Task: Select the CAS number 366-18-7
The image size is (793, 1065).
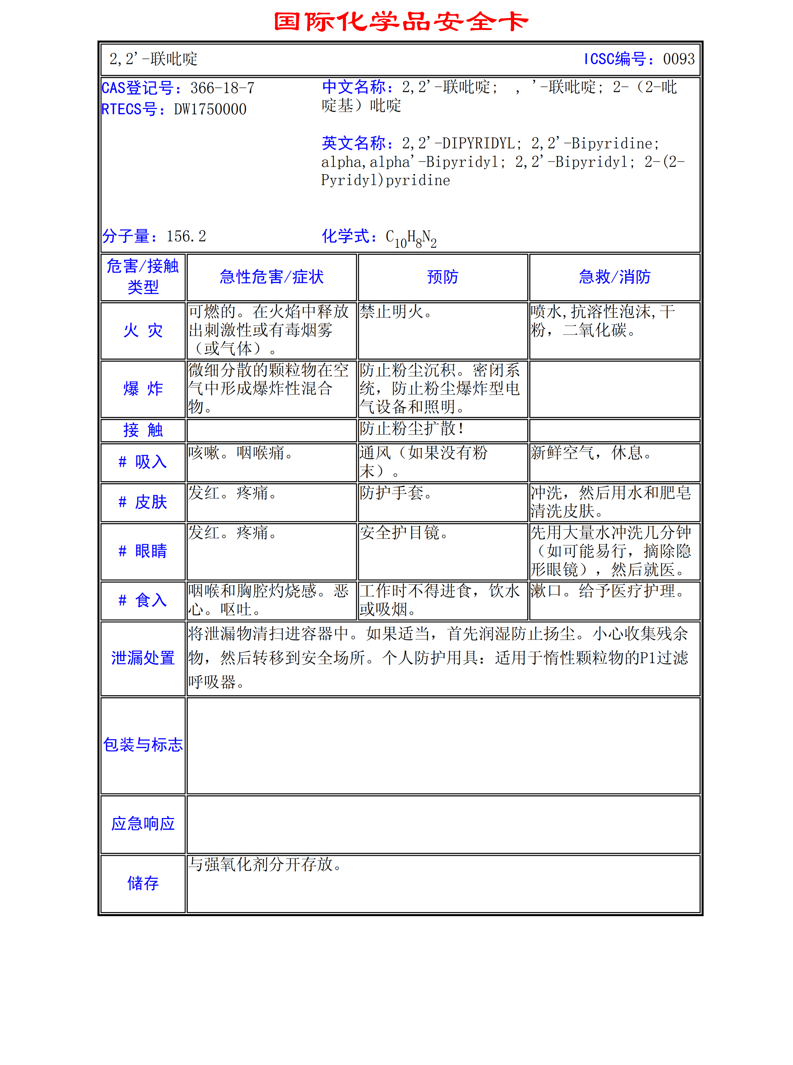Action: pos(222,88)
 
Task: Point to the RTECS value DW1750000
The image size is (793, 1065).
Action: pos(210,109)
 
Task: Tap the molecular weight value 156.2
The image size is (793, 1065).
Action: pos(186,236)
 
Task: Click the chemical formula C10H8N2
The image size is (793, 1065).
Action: pos(411,238)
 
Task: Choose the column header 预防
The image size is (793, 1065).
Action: pos(442,277)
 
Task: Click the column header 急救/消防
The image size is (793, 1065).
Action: pos(615,277)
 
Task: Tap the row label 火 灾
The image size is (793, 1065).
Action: pos(143,331)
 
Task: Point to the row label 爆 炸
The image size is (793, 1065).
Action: pos(143,388)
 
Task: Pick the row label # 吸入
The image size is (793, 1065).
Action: pos(143,462)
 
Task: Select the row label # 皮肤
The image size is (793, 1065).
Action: pos(143,502)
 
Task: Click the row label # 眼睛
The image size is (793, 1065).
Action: pos(143,551)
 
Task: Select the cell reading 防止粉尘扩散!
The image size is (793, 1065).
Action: pos(412,428)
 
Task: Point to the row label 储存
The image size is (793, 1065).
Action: pos(143,883)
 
